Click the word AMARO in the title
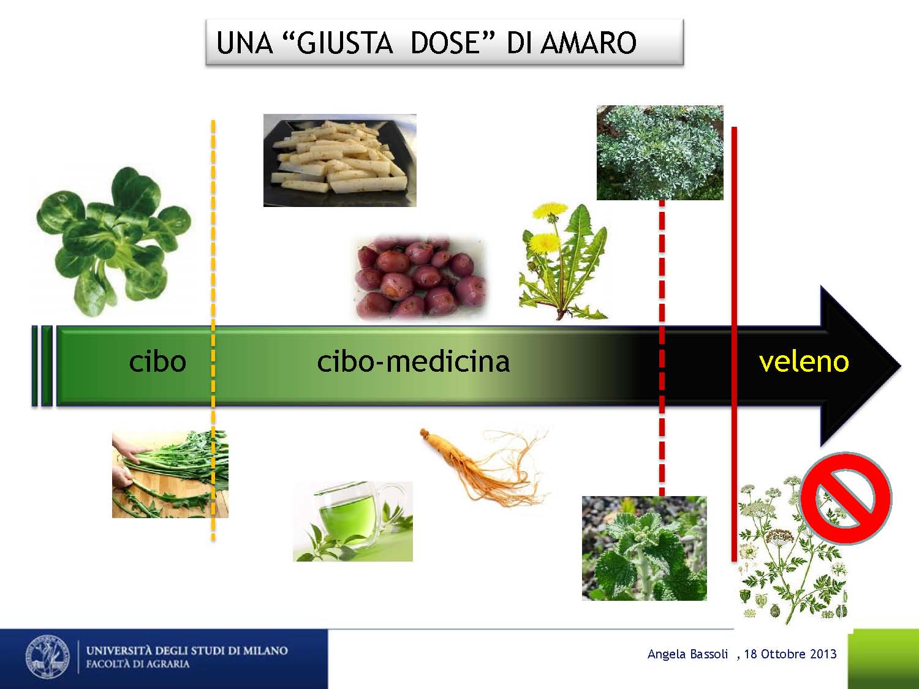tap(588, 43)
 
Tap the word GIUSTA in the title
tap(344, 43)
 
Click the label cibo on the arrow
tap(157, 361)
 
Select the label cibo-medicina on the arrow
tap(413, 361)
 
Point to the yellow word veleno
tap(804, 361)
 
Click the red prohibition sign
tap(845, 498)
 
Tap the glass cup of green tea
tap(353, 521)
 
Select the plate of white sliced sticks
tap(339, 160)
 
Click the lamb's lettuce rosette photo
tap(113, 241)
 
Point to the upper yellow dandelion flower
tap(550, 210)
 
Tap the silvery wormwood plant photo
tap(660, 152)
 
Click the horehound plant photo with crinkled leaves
tap(645, 548)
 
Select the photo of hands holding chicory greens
tap(170, 475)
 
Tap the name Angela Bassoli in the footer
tap(687, 654)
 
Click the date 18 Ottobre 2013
tap(790, 654)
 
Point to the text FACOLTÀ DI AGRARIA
tap(138, 664)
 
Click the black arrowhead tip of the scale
tap(900, 366)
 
